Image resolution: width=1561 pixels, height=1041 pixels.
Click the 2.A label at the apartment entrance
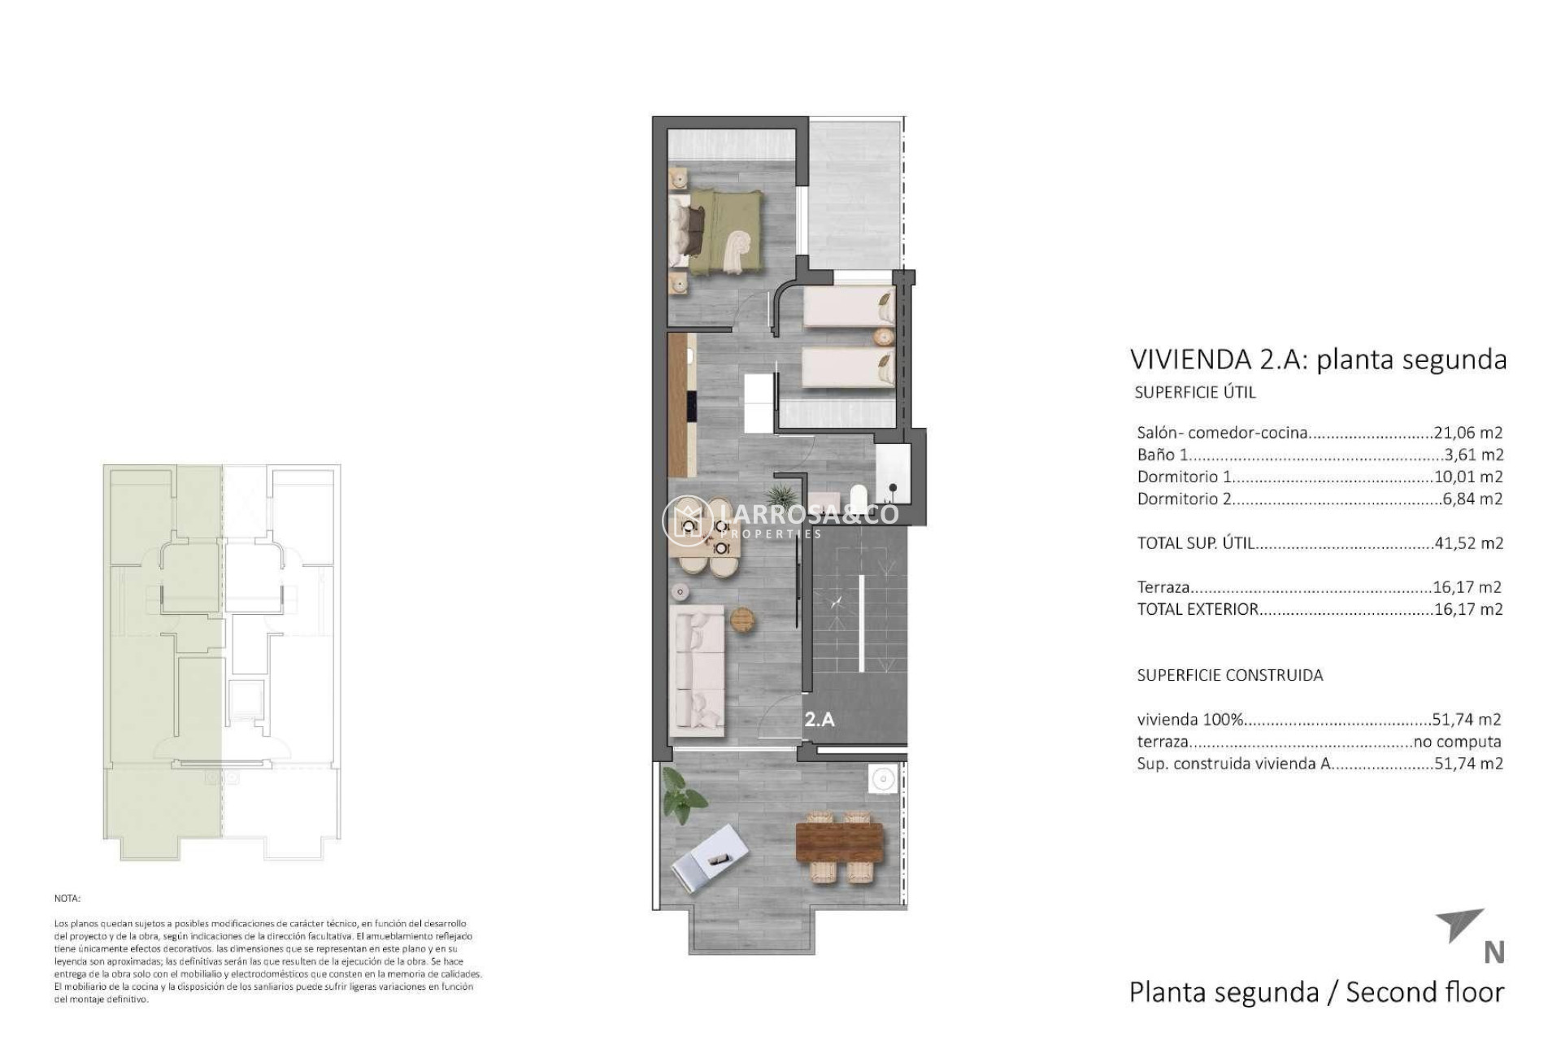tap(820, 719)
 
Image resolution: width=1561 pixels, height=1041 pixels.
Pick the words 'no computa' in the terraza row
tap(1458, 742)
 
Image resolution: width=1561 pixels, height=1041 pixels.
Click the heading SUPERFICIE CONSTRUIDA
tap(1229, 675)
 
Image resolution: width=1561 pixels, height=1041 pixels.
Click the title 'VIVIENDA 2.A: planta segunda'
tap(1318, 359)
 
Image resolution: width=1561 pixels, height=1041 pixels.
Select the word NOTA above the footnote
tap(67, 899)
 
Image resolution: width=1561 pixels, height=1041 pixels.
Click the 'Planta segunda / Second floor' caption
tap(1316, 992)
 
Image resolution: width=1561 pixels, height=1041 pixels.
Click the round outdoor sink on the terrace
tap(881, 779)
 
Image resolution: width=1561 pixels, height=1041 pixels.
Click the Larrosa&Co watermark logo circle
tap(687, 521)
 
